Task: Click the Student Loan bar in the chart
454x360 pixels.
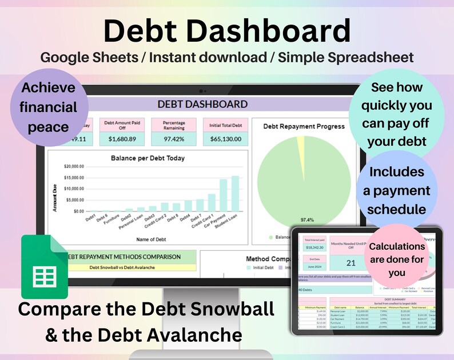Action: click(235, 194)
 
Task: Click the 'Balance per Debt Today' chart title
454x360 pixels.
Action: click(148, 158)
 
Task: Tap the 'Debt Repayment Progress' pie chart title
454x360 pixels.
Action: click(304, 126)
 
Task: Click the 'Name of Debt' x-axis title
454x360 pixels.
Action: click(148, 239)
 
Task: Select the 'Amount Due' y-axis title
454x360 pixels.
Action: click(56, 197)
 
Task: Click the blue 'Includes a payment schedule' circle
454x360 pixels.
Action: click(396, 190)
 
